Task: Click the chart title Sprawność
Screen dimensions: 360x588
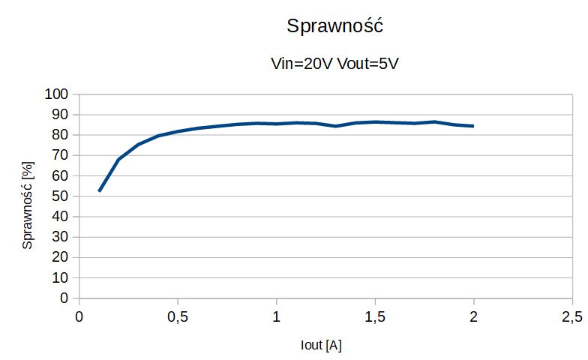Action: pos(335,26)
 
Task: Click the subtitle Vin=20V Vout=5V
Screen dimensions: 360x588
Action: pos(334,64)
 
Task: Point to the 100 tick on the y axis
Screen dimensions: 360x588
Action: pos(56,94)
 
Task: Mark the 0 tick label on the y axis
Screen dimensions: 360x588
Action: pos(64,298)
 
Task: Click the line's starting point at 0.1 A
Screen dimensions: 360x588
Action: pos(99,191)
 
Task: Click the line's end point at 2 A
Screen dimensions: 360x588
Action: pos(473,126)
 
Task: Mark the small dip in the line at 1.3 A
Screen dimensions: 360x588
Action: pos(335,126)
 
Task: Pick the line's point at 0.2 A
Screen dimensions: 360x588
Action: pos(118,159)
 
